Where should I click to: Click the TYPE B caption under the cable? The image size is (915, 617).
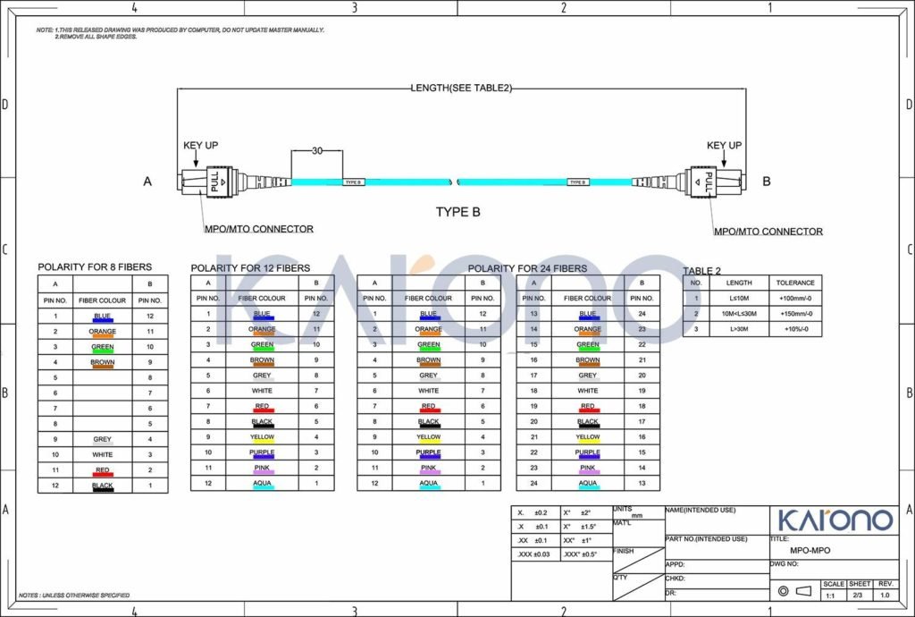pyautogui.click(x=457, y=212)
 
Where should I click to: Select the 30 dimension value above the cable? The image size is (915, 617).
pyautogui.click(x=316, y=151)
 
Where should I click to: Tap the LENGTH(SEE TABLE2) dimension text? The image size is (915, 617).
pyautogui.click(x=460, y=88)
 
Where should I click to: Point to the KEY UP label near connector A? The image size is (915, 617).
pyautogui.click(x=200, y=145)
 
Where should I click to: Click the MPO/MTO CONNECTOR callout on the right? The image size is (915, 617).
pyautogui.click(x=768, y=232)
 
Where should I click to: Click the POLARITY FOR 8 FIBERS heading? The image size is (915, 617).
pyautogui.click(x=95, y=266)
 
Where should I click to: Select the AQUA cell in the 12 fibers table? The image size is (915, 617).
pyautogui.click(x=262, y=483)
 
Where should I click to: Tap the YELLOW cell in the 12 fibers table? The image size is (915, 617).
pyautogui.click(x=262, y=437)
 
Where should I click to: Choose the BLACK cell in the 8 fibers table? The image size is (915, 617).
pyautogui.click(x=103, y=486)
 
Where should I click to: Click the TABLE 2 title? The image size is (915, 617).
pyautogui.click(x=702, y=270)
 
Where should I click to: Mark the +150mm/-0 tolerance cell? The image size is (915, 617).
pyautogui.click(x=795, y=313)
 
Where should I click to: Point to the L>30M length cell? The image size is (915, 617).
pyautogui.click(x=739, y=329)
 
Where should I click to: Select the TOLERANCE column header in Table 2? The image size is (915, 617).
pyautogui.click(x=795, y=283)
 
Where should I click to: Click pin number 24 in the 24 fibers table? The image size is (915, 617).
pyautogui.click(x=642, y=314)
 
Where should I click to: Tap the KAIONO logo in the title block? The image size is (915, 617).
pyautogui.click(x=834, y=520)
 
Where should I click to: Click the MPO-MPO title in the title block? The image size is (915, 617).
pyautogui.click(x=810, y=551)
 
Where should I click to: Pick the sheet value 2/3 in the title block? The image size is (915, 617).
pyautogui.click(x=859, y=595)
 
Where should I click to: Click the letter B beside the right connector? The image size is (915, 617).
pyautogui.click(x=766, y=181)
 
